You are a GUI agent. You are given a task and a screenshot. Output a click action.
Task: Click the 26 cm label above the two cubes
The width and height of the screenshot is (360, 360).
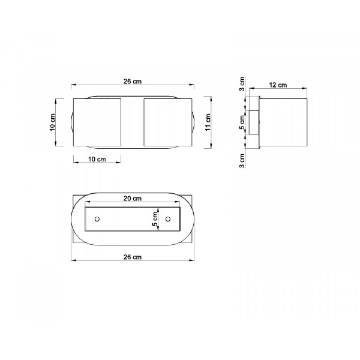(x=133, y=82)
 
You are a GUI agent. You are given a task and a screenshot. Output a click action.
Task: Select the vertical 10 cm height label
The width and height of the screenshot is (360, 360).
(x=53, y=122)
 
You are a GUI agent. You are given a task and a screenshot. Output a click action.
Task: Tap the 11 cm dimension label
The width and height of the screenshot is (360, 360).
(x=208, y=122)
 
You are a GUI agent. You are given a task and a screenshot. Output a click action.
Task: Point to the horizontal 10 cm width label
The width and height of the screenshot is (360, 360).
(x=97, y=160)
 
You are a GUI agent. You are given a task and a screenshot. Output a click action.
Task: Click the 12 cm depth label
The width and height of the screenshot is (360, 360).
(x=277, y=85)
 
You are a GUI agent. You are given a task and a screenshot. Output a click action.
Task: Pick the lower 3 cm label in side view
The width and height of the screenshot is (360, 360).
(x=242, y=161)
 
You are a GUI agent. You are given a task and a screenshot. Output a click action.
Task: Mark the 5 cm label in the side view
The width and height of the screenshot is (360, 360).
(x=242, y=124)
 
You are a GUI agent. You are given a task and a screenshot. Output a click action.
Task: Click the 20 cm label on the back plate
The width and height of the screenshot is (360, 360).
(x=133, y=199)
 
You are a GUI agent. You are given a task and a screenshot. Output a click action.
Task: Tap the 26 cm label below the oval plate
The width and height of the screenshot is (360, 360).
(x=133, y=257)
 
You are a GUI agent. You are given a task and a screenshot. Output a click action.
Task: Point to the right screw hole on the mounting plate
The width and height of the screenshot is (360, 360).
(x=168, y=219)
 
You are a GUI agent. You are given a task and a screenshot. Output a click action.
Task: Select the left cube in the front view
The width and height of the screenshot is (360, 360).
(x=97, y=122)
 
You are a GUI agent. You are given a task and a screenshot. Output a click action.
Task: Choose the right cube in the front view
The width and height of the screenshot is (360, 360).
(x=167, y=122)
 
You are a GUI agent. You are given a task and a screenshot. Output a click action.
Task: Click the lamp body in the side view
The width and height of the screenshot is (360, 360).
(x=282, y=122)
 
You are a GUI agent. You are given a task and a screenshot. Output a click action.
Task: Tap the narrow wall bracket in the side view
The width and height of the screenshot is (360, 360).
(x=254, y=122)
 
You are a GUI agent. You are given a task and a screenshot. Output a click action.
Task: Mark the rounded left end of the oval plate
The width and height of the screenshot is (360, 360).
(x=77, y=219)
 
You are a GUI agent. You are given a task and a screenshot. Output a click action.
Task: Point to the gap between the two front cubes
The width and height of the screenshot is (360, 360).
(x=132, y=122)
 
